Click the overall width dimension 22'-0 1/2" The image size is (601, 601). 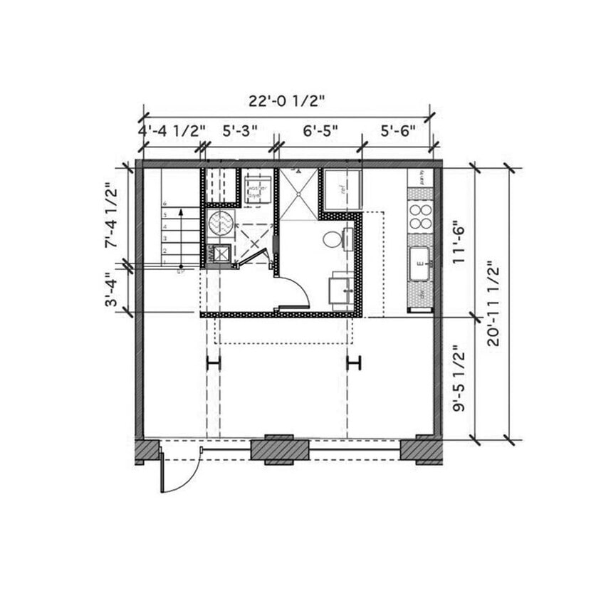[x=287, y=100]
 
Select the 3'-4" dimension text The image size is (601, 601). [x=110, y=290]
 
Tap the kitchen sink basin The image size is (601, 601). [x=419, y=261]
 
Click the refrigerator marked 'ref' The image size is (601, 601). [x=343, y=189]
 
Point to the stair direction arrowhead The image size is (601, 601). [x=181, y=211]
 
